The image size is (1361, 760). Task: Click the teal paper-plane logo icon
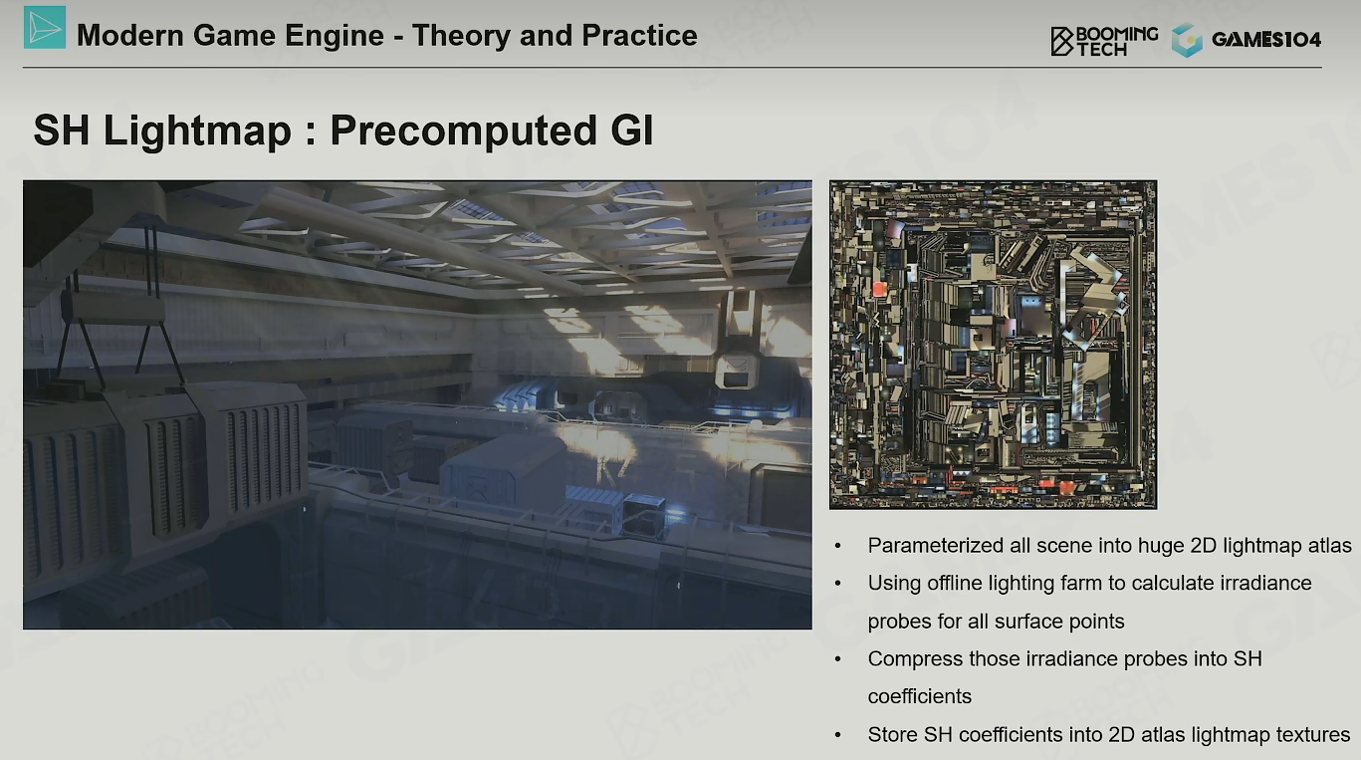coord(45,27)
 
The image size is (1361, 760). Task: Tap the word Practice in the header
coord(639,35)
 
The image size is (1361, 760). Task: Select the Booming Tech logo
coord(1104,42)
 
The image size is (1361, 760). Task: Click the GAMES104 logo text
coord(1266,40)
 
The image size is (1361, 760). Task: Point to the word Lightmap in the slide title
coord(197,130)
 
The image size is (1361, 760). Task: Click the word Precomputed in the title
coord(464,130)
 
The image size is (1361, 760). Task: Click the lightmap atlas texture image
coord(993,345)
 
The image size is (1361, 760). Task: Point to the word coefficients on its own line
coord(919,696)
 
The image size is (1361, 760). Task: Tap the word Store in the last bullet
coord(892,734)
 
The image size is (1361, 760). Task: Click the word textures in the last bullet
coord(1312,734)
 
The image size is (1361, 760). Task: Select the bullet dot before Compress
coord(838,659)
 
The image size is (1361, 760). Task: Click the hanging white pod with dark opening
coord(737,372)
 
